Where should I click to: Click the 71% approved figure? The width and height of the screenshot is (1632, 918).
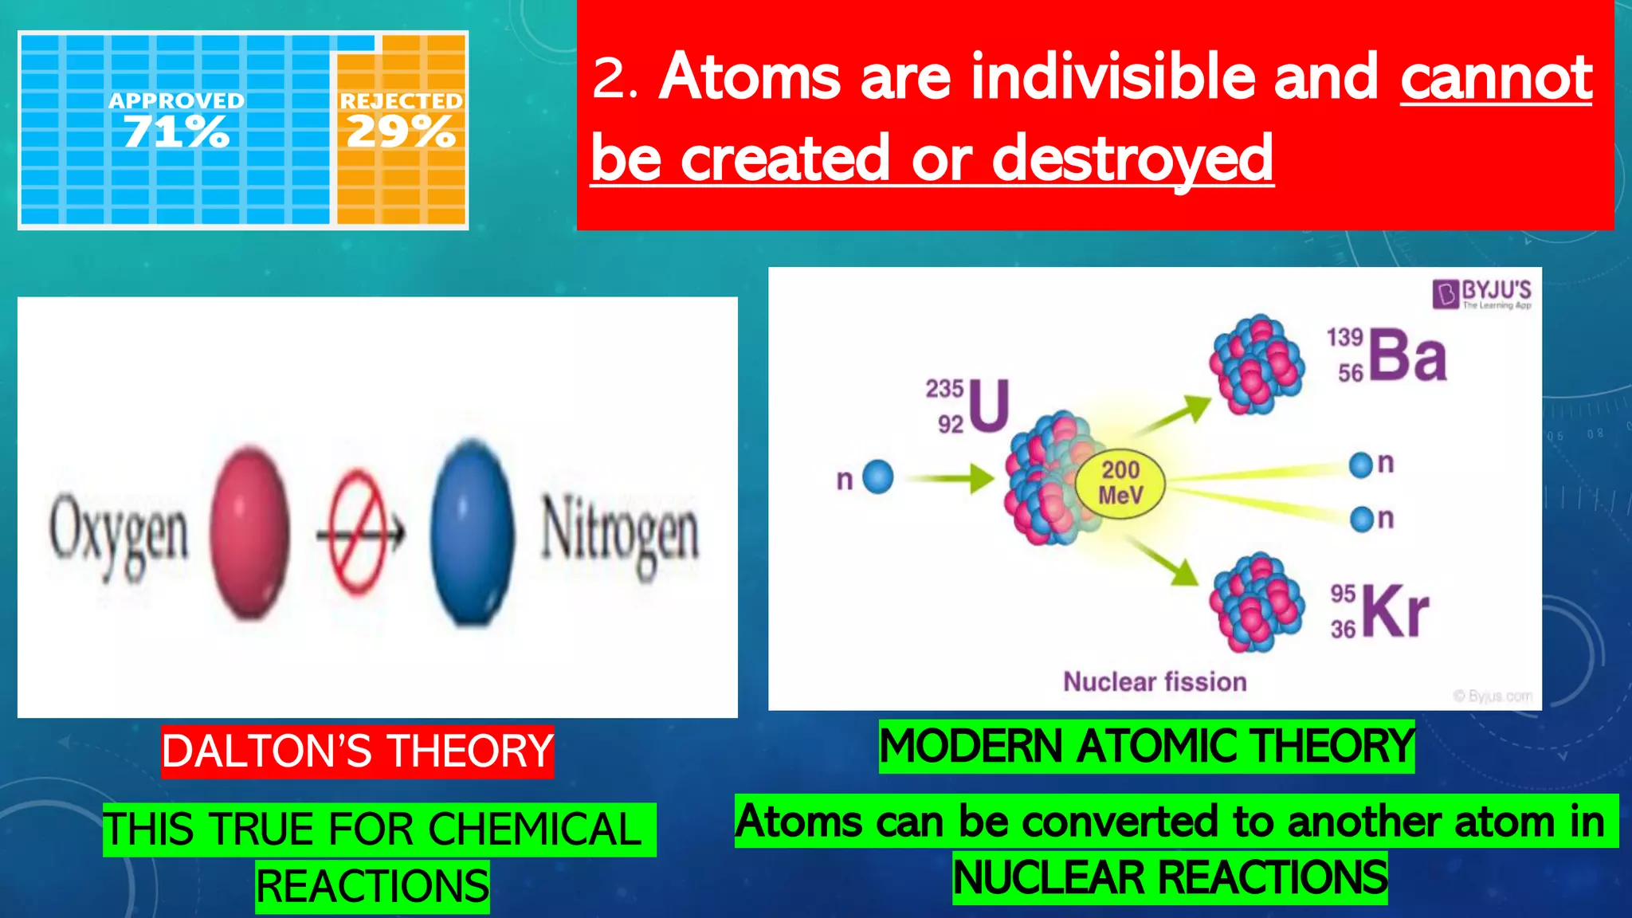pos(176,131)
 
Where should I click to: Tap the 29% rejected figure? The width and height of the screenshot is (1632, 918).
pos(401,131)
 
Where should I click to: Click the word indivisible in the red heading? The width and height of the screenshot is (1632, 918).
pos(1112,77)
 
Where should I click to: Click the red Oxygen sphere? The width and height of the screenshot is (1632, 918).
pos(249,532)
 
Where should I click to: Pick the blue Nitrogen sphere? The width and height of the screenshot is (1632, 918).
pos(473,532)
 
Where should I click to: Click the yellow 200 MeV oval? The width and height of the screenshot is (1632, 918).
pos(1120,483)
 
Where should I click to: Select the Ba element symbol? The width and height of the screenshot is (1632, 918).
pos(1408,356)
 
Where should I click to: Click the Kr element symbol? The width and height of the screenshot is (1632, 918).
pos(1395,612)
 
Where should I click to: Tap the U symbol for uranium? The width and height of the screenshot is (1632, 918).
pos(990,406)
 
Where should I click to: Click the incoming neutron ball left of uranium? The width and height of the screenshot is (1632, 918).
pos(878,477)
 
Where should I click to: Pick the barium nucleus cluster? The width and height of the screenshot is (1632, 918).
pos(1257,364)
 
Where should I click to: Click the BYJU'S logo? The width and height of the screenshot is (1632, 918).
pos(1482,293)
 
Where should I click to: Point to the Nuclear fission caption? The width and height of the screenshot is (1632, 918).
pos(1155,682)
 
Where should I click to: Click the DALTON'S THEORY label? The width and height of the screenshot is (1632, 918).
pos(357,751)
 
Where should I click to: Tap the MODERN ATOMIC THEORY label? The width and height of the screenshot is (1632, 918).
pos(1146,747)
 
